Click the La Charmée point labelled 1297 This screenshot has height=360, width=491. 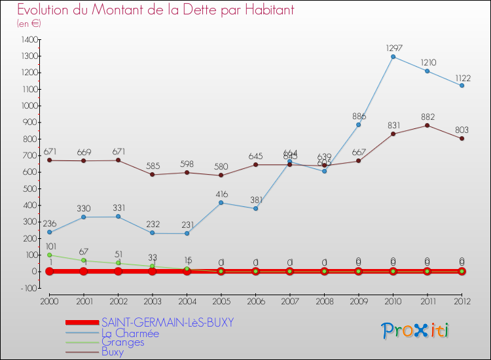click(x=393, y=56)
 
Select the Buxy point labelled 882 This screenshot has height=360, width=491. click(x=427, y=125)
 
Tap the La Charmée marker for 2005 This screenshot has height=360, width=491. click(x=221, y=202)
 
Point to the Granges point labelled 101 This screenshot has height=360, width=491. click(x=49, y=255)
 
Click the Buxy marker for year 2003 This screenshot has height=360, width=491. click(x=153, y=174)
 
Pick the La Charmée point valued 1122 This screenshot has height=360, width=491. click(x=462, y=85)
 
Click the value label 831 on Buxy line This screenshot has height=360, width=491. click(x=393, y=125)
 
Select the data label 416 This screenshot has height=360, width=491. click(x=221, y=194)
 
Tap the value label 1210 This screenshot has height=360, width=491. click(x=427, y=62)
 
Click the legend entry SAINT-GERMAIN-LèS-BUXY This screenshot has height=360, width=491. click(x=167, y=322)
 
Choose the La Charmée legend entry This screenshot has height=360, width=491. click(x=130, y=333)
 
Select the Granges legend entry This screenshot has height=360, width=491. click(x=122, y=342)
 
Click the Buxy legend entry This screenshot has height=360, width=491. click(x=112, y=351)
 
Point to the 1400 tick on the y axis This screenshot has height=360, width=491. click(x=29, y=39)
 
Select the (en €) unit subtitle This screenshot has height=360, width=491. click(x=29, y=23)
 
